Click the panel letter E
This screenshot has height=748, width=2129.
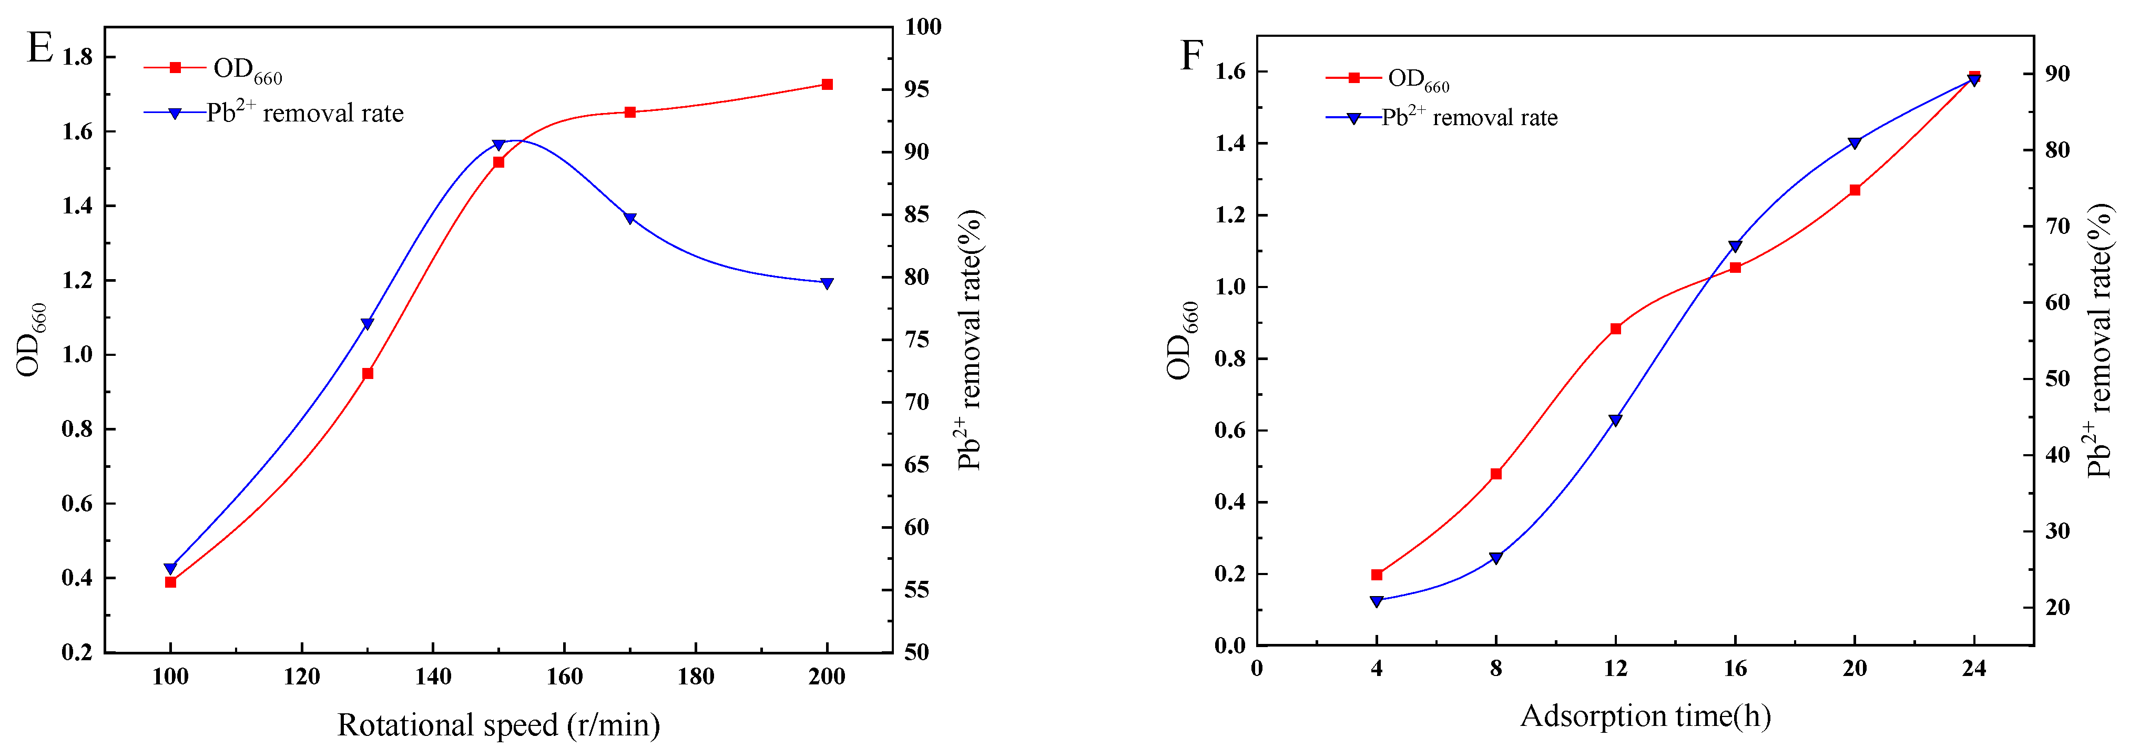point(39,48)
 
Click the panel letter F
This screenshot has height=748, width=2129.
point(1191,56)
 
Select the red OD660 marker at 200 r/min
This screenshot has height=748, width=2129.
point(827,84)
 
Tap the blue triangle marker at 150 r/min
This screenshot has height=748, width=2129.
point(498,145)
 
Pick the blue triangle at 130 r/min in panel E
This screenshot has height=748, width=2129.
point(367,323)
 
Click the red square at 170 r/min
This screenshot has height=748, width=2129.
point(630,111)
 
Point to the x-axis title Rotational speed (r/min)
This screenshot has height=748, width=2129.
point(498,725)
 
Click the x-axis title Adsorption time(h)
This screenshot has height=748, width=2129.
point(1645,716)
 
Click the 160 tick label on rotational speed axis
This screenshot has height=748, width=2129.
point(565,677)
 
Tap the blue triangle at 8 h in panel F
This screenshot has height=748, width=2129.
point(1495,558)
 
